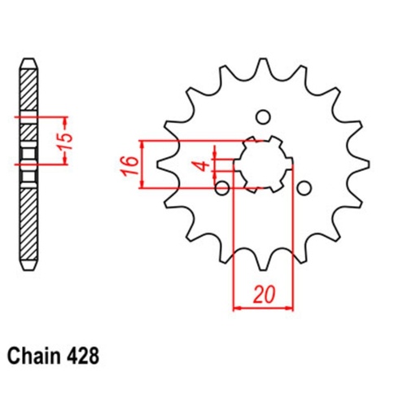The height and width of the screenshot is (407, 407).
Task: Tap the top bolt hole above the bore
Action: (x=263, y=115)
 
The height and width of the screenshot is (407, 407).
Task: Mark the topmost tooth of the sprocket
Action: (x=263, y=65)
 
